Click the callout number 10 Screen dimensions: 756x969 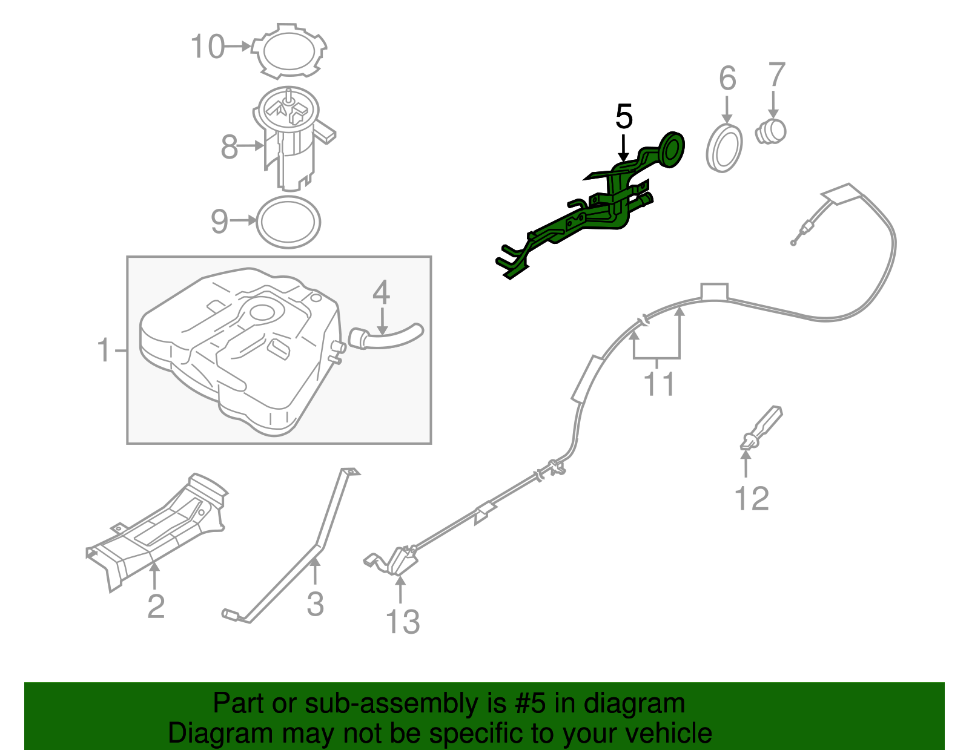[x=208, y=47]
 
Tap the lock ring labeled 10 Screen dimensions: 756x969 [x=289, y=50]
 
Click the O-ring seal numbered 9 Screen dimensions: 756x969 [x=288, y=222]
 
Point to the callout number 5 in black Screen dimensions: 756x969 [x=623, y=117]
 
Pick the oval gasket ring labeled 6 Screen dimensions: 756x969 [x=724, y=148]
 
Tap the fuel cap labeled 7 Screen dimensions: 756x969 [x=771, y=131]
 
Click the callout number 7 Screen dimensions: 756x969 [x=776, y=76]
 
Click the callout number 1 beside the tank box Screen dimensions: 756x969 [x=104, y=350]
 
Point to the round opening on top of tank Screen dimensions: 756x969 [x=263, y=313]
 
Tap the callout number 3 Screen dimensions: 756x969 [x=315, y=604]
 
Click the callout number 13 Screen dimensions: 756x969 [x=402, y=622]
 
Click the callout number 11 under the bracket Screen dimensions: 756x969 [x=658, y=384]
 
